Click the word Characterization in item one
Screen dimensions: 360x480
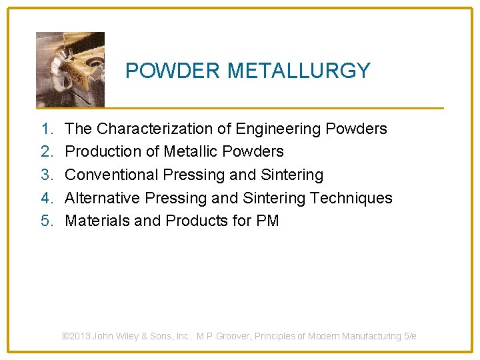click(x=163, y=129)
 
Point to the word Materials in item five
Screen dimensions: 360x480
click(x=97, y=221)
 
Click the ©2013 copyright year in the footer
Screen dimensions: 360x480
click(x=76, y=337)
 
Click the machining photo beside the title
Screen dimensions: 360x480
click(x=70, y=69)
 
